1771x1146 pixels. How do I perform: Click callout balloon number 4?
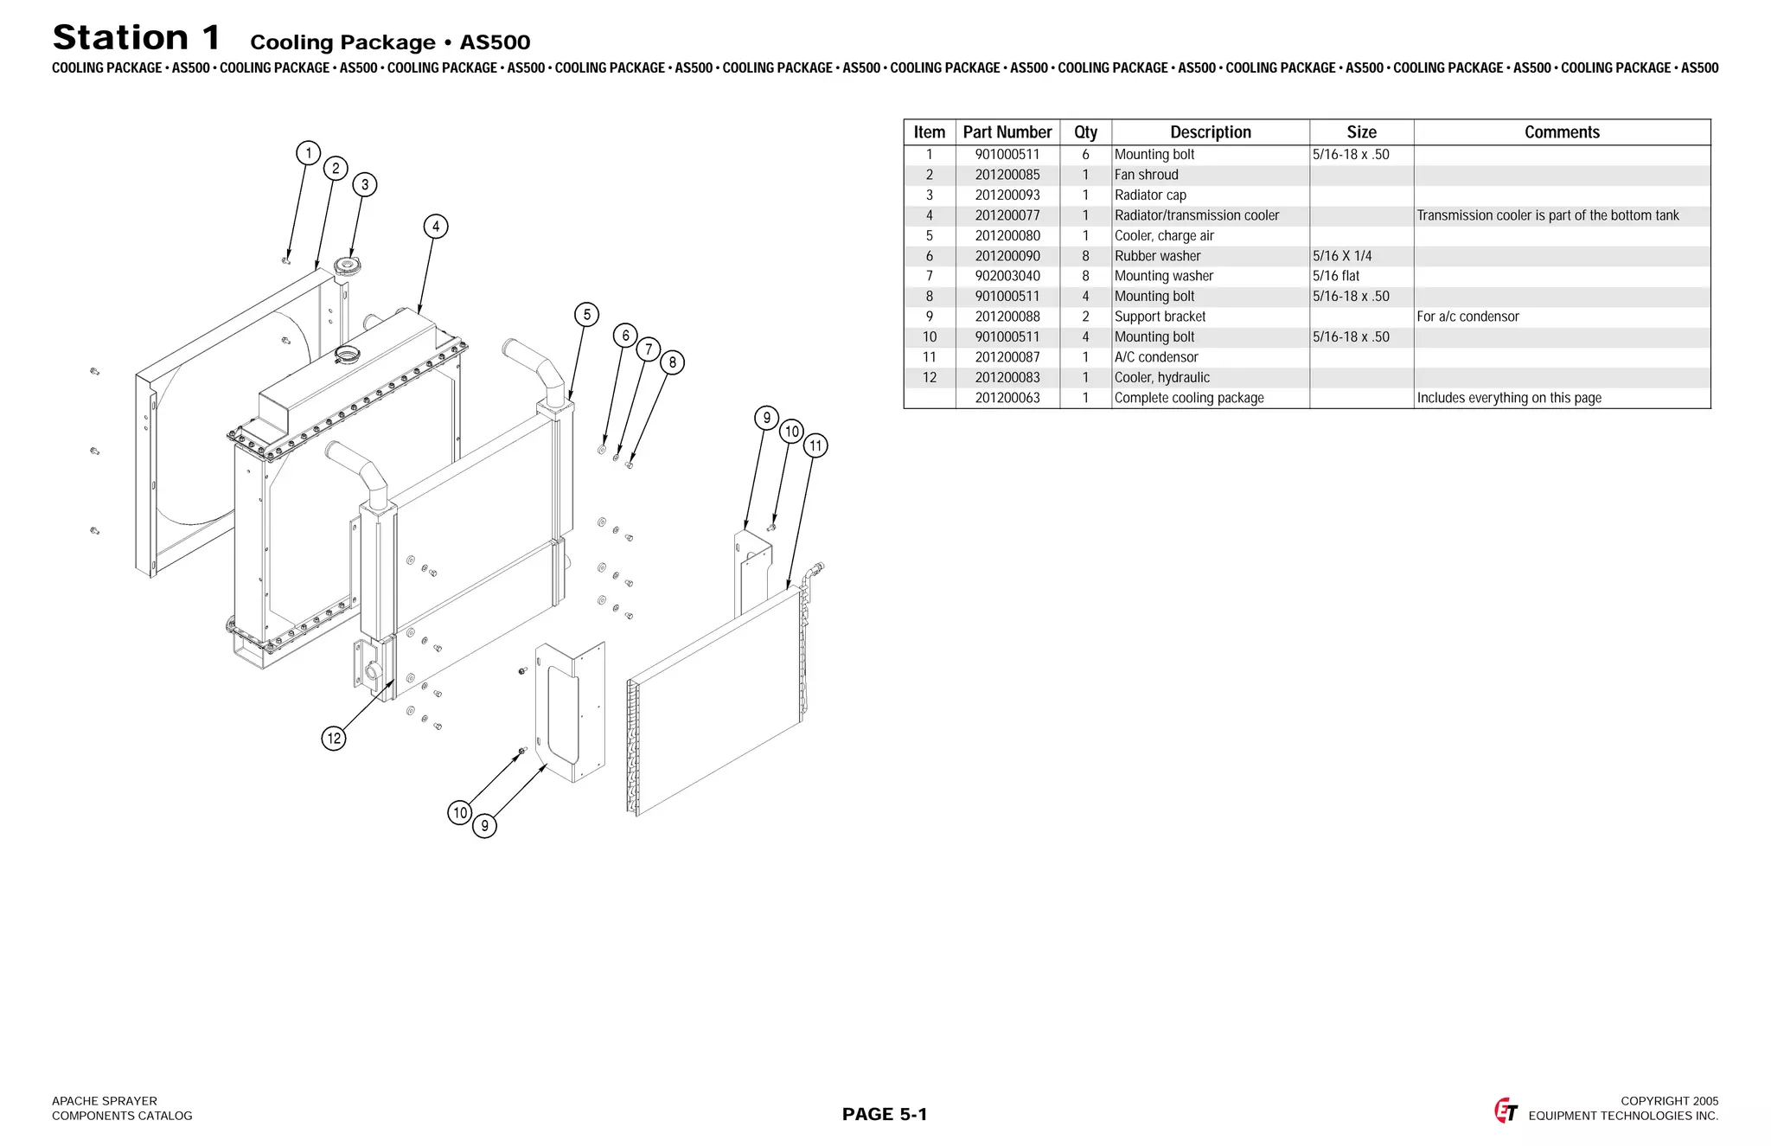[x=436, y=227]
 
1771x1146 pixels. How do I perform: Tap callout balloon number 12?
[x=334, y=739]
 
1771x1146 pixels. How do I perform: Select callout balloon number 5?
[x=587, y=315]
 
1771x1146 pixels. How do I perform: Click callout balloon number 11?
[x=815, y=446]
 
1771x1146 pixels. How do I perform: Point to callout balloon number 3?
[x=365, y=184]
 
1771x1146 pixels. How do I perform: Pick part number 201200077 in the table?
[x=1007, y=215]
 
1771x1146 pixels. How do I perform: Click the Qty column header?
[x=1085, y=132]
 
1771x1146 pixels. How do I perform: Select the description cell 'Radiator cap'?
[x=1150, y=195]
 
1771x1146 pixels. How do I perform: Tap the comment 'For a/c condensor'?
[x=1467, y=317]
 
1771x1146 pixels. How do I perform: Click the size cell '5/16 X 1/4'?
[x=1342, y=256]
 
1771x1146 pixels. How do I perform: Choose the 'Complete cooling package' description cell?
[x=1189, y=398]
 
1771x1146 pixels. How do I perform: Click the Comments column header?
[x=1562, y=132]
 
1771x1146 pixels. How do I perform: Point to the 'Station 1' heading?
[x=137, y=38]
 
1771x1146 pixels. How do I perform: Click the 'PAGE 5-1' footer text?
[x=885, y=1114]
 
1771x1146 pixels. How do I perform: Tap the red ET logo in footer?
[x=1506, y=1111]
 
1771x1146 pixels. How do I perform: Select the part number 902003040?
[x=1007, y=276]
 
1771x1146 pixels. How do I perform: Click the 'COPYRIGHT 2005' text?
[x=1669, y=1101]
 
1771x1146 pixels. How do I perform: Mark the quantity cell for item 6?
[x=1085, y=256]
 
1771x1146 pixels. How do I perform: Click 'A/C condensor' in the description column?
[x=1156, y=357]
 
